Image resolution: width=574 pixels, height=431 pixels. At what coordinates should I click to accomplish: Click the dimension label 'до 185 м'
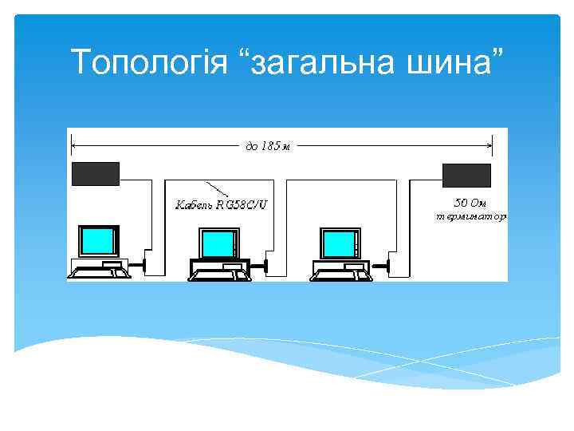[263, 145]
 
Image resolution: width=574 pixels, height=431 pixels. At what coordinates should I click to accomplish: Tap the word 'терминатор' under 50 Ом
[470, 215]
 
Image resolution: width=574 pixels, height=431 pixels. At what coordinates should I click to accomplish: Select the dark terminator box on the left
[96, 173]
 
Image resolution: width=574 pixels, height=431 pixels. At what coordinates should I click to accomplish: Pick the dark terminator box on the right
[467, 174]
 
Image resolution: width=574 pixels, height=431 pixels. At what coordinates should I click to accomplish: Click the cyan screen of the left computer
[98, 239]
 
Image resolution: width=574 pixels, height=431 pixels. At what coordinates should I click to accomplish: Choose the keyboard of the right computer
[341, 275]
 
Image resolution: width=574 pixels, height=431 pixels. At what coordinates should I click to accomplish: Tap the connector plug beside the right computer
[388, 263]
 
